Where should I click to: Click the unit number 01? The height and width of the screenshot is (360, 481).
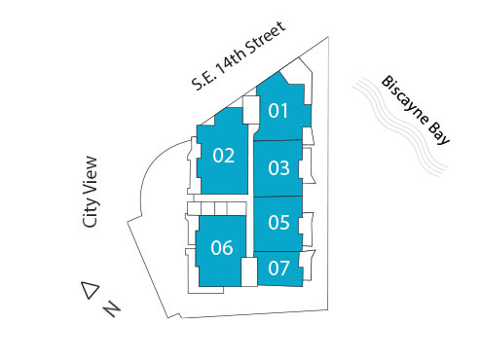[279, 111]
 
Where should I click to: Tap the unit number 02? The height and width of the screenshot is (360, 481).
[223, 156]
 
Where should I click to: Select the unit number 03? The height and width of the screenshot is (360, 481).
[279, 167]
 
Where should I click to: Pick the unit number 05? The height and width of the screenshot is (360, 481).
[278, 223]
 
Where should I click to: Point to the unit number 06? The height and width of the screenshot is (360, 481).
[222, 247]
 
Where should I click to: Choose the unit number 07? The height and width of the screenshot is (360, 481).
[278, 268]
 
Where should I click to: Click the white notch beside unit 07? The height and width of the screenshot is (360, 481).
[248, 270]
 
